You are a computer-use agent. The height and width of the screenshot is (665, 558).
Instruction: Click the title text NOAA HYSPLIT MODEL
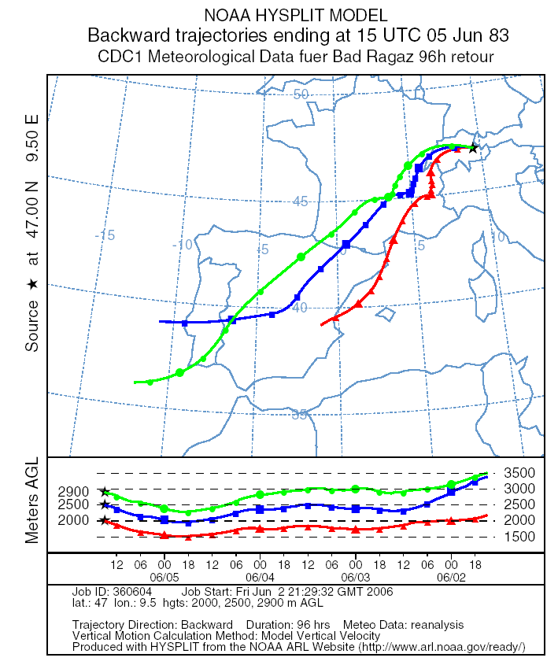pos(279,15)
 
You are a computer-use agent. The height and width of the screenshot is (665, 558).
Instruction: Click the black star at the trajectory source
pos(473,147)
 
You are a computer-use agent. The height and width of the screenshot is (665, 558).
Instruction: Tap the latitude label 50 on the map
pos(300,94)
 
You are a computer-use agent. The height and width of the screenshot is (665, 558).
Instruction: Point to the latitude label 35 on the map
pos(300,415)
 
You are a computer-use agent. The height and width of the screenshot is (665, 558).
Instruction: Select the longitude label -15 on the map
pos(104,235)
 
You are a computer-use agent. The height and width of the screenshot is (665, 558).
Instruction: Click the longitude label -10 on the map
pos(183,245)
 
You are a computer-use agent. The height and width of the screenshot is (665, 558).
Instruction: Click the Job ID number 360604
pos(135,592)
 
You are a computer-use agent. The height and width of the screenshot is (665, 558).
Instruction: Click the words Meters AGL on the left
pos(32,501)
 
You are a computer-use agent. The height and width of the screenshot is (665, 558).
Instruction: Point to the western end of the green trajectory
pos(135,382)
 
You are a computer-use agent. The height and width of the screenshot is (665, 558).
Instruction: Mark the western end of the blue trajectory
pos(160,321)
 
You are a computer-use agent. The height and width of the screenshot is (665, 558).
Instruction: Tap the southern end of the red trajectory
pos(322,324)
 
